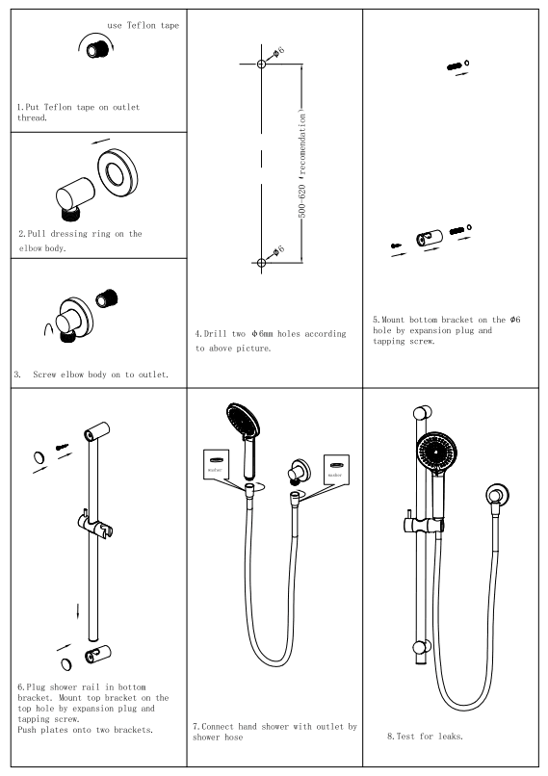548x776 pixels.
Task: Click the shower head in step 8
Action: [437, 452]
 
